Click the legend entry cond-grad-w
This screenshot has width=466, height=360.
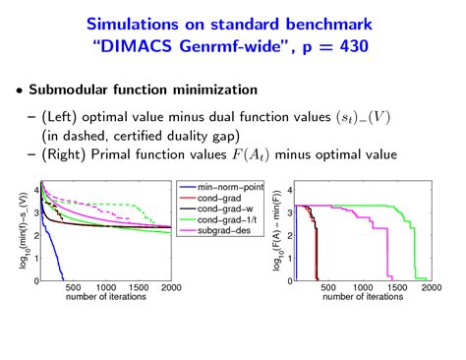(x=219, y=209)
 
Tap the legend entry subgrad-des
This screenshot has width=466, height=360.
(x=219, y=230)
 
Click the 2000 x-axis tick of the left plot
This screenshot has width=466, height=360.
(x=170, y=288)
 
